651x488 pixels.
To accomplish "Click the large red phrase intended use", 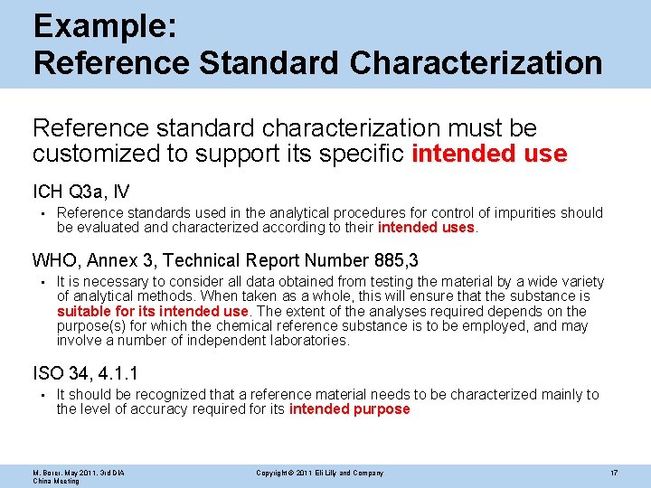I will click(489, 154).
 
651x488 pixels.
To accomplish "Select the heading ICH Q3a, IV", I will click(80, 191).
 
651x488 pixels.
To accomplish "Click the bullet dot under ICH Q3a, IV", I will click(42, 213).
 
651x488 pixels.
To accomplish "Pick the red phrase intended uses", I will click(425, 228).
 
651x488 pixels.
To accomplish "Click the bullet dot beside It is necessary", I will click(42, 283).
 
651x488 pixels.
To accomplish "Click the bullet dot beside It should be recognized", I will click(42, 395).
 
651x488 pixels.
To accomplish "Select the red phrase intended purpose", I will click(349, 409).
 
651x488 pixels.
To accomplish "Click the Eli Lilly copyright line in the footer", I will click(319, 473).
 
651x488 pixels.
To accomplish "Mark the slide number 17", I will click(614, 473).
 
